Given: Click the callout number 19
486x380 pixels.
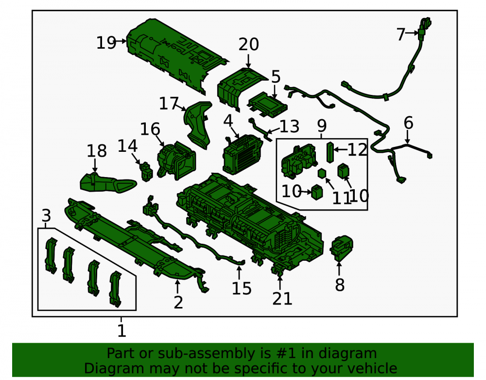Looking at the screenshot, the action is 106,43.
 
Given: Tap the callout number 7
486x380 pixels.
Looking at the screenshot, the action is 401,34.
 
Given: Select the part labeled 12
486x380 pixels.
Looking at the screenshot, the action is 330,152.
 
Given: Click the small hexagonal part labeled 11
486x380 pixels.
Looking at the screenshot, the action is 322,173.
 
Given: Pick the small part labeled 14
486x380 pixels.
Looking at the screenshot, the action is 146,171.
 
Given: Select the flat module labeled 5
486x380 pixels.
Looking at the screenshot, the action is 267,105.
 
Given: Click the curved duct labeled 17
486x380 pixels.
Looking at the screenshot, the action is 198,125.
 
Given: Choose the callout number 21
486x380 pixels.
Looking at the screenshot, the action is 282,299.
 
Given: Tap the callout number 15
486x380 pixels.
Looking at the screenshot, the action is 242,289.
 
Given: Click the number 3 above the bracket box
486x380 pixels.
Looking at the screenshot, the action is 46,215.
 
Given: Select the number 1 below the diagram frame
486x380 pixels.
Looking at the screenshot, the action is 121,331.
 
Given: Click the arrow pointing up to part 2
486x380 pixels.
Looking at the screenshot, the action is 177,286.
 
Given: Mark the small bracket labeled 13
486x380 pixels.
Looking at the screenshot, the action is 260,128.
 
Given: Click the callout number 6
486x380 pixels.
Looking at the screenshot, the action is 408,123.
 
